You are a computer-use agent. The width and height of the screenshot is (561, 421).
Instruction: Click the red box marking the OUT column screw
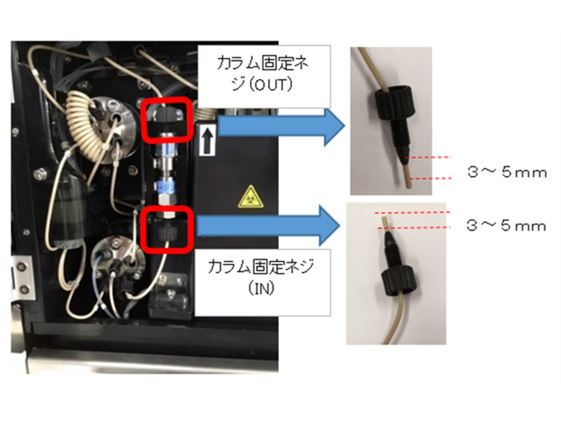(x=167, y=119)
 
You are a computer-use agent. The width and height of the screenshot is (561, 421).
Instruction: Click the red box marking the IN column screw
(x=167, y=228)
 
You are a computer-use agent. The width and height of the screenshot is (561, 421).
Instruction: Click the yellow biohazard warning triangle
(x=246, y=198)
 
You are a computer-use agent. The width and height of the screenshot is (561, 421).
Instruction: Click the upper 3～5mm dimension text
(x=507, y=172)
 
